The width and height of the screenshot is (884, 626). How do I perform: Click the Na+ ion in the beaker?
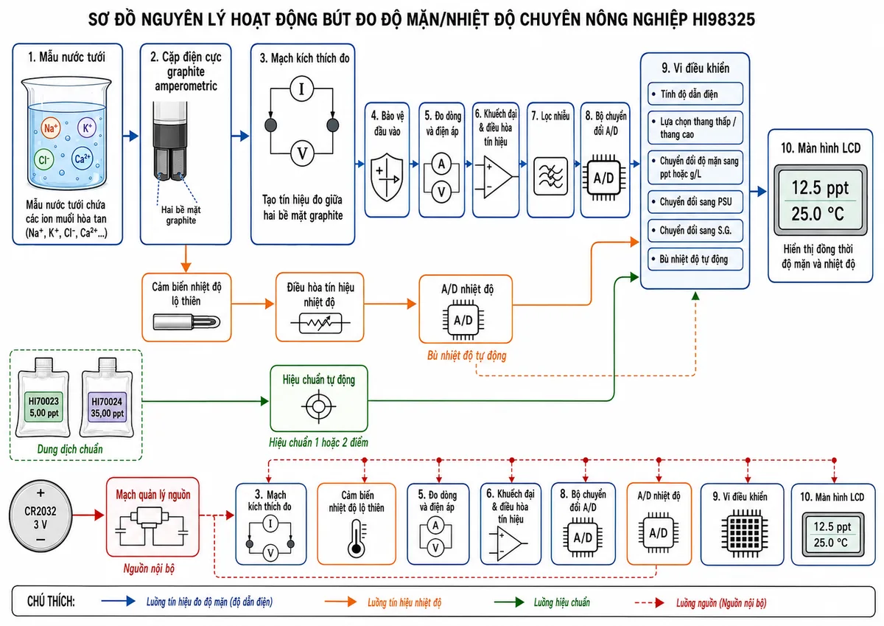(51, 128)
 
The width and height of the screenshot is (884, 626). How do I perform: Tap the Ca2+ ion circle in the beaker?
(82, 159)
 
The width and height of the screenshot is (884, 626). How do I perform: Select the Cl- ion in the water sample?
(43, 159)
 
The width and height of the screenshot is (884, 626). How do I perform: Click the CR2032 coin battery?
(41, 516)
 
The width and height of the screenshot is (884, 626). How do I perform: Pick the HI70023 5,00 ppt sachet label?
(43, 407)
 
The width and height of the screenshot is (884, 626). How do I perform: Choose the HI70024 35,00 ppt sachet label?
(107, 407)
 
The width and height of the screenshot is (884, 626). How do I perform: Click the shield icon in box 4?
(387, 177)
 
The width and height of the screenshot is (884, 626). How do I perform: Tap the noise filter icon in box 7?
(550, 176)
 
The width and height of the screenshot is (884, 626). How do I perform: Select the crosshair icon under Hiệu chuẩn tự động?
(319, 406)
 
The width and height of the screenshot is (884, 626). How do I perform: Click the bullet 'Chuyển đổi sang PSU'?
(695, 202)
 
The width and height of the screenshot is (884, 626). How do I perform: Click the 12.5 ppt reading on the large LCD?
(820, 188)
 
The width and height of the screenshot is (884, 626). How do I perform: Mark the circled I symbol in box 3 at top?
(302, 89)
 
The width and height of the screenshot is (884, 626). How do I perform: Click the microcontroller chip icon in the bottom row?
(745, 533)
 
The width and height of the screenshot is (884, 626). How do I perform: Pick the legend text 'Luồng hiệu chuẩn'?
(562, 602)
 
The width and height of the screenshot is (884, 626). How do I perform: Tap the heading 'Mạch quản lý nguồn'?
(153, 495)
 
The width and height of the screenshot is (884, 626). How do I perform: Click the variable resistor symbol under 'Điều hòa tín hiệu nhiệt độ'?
(320, 324)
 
